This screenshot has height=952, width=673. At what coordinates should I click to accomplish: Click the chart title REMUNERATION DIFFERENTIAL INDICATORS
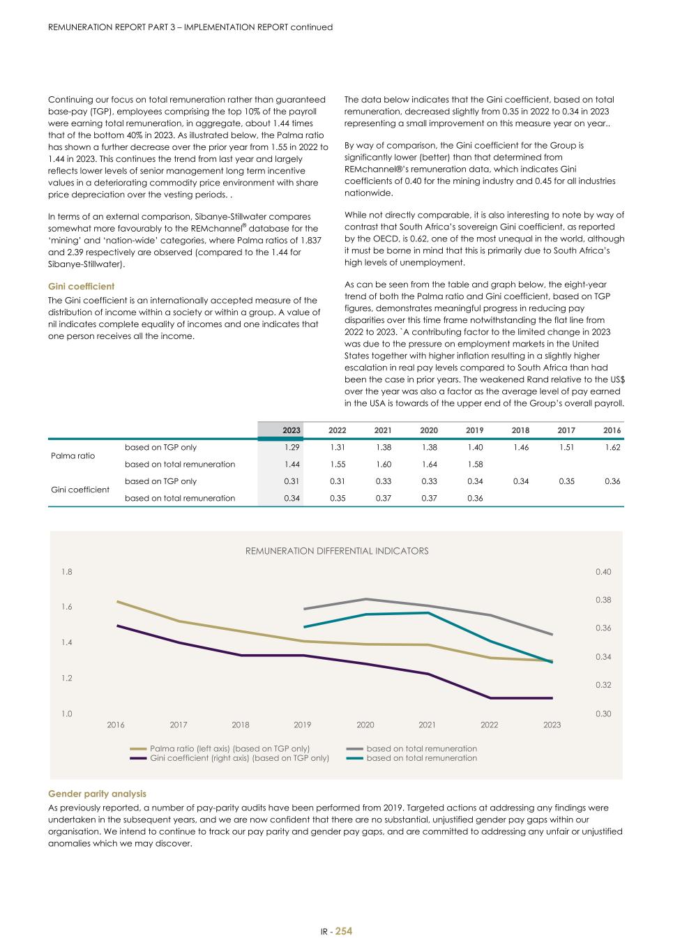[x=336, y=551]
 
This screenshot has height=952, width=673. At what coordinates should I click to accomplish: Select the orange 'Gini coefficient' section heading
[x=81, y=287]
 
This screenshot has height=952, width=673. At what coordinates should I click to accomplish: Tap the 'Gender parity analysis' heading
[x=97, y=794]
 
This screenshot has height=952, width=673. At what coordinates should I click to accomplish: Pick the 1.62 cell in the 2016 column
[x=612, y=447]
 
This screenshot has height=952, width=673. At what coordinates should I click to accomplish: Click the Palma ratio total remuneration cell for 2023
[x=292, y=464]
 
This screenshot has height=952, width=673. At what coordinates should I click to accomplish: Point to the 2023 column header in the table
[x=292, y=430]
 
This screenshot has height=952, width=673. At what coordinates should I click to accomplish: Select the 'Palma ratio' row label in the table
[x=73, y=455]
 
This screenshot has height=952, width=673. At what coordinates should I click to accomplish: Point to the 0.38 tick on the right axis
[x=603, y=600]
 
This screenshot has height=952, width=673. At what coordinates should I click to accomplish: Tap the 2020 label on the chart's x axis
[x=365, y=725]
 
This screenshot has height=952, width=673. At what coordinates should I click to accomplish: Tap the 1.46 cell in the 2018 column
[x=520, y=447]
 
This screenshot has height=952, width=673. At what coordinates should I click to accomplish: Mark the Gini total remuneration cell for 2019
[x=474, y=498]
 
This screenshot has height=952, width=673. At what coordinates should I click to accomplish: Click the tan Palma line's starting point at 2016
[x=117, y=601]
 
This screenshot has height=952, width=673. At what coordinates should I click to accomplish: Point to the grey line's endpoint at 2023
[x=552, y=635]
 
